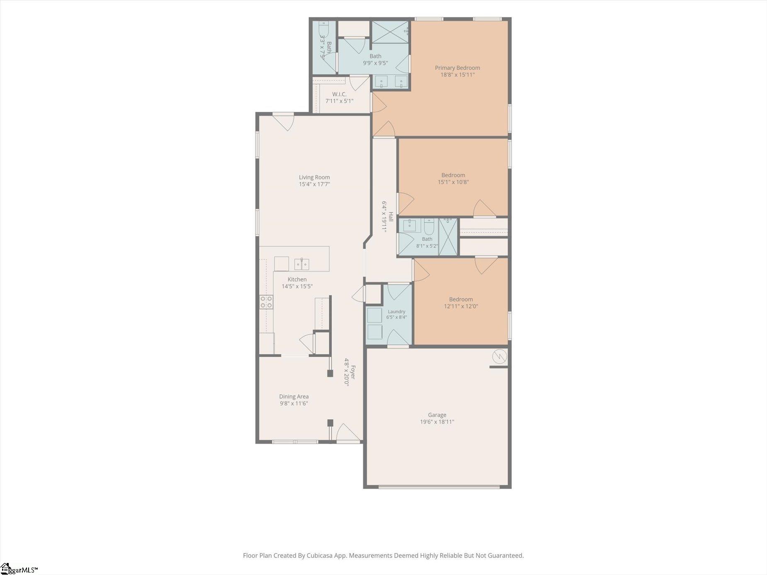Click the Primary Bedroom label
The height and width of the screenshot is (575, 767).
(457, 68)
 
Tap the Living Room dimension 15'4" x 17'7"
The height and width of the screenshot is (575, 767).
(314, 184)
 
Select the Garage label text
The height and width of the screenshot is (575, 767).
(437, 415)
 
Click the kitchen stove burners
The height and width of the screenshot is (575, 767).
(266, 302)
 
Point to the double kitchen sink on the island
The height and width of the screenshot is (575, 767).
(301, 264)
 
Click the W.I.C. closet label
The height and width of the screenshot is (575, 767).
(339, 94)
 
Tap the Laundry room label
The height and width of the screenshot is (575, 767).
(396, 312)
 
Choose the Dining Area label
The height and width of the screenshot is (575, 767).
(294, 396)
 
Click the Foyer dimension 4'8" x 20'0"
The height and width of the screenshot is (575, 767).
(347, 372)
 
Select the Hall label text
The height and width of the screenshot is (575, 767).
(391, 217)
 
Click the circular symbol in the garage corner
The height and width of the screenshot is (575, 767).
(500, 356)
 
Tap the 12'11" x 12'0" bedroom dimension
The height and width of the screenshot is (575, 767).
(461, 307)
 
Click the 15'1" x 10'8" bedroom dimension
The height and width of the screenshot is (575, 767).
(453, 182)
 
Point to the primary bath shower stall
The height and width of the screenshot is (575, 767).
(390, 32)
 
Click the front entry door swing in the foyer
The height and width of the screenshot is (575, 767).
(347, 433)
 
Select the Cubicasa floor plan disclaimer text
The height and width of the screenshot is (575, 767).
(383, 556)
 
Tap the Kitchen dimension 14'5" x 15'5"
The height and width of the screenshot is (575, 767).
(297, 286)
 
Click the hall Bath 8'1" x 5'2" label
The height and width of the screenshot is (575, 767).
(427, 242)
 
